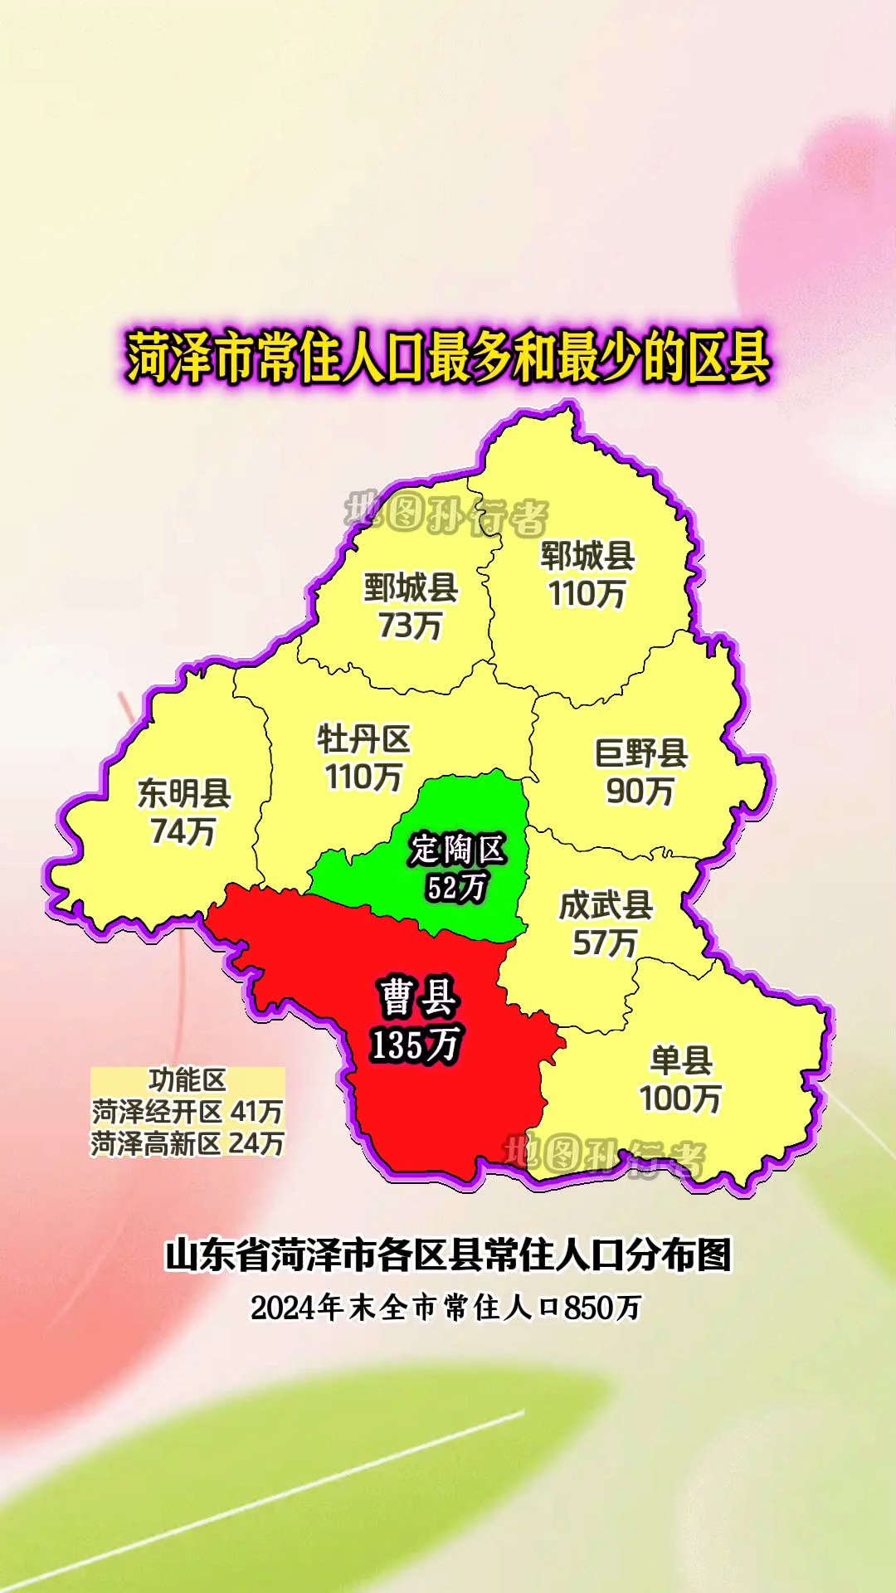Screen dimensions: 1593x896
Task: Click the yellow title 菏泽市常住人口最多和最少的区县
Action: pos(448,358)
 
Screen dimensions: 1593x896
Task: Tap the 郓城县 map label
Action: pos(587,556)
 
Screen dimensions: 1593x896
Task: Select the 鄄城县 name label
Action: pos(411,588)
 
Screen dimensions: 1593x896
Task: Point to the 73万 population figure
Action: pos(410,626)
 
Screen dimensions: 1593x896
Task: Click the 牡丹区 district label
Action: pos(363,739)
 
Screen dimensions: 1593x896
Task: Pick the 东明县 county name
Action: pos(184,793)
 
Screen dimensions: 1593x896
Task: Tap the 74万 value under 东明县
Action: pos(183,831)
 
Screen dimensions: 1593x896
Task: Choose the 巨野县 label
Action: pos(641,753)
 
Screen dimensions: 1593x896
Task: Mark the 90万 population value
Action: pos(640,791)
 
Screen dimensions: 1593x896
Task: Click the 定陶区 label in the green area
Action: pos(457,850)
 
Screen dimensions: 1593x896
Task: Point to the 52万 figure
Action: pos(456,888)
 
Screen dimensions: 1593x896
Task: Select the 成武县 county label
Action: pos(606,905)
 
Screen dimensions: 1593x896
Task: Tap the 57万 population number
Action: pos(605,943)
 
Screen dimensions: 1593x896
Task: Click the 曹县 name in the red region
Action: pos(418,997)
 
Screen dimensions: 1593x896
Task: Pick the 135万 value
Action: pos(416,1045)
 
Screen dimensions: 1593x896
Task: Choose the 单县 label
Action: pos(681,1060)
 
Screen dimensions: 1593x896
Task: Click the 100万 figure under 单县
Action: pos(680,1099)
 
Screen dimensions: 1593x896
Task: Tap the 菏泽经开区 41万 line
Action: pos(187,1112)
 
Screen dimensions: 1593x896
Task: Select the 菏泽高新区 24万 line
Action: pos(187,1143)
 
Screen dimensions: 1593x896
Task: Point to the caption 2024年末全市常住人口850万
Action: pos(446,1308)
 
